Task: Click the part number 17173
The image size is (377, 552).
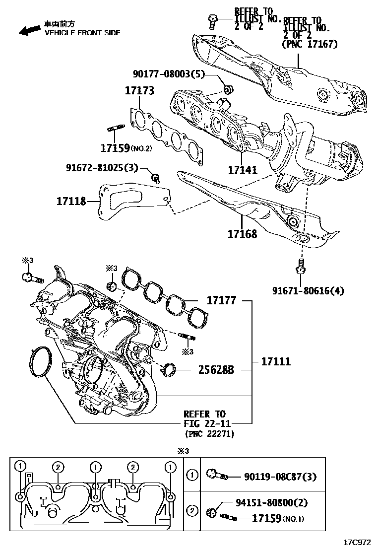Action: [x=139, y=91]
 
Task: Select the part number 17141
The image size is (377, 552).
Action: [x=243, y=170]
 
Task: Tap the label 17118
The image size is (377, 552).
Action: [x=71, y=201]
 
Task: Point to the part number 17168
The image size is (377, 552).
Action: [x=242, y=233]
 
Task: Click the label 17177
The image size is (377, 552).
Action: [x=221, y=300]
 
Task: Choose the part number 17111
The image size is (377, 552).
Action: [x=276, y=361]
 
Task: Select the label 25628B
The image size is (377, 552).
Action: [x=216, y=369]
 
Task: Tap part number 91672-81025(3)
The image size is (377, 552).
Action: [x=102, y=168]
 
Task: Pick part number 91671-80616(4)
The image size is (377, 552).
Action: [x=308, y=290]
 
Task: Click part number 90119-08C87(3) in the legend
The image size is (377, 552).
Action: [x=280, y=477]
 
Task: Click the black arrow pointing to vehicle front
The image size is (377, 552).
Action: [x=29, y=30]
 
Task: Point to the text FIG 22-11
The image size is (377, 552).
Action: [x=205, y=423]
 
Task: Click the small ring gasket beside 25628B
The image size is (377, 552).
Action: [x=170, y=369]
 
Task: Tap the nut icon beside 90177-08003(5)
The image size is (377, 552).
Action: [x=229, y=90]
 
